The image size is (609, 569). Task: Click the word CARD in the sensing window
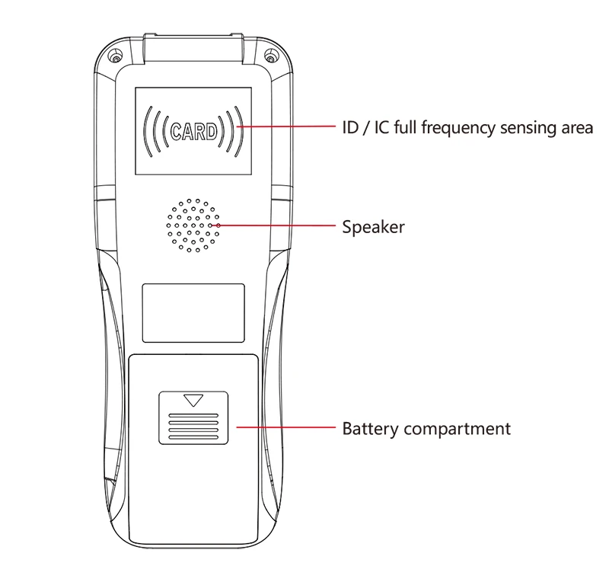193,131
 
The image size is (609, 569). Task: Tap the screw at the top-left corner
115,57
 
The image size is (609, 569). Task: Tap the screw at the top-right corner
271,57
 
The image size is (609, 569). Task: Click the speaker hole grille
193,225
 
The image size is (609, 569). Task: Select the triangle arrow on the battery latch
194,400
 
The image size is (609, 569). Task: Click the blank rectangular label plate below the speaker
193,312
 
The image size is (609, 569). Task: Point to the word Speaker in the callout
373,227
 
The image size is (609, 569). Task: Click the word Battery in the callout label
370,428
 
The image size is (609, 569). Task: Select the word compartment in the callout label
457,429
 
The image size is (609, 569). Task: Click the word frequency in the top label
454,128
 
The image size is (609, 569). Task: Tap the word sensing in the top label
526,128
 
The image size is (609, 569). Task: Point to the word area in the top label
576,128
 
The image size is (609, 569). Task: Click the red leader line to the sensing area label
289,126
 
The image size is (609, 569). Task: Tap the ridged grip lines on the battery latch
193,427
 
